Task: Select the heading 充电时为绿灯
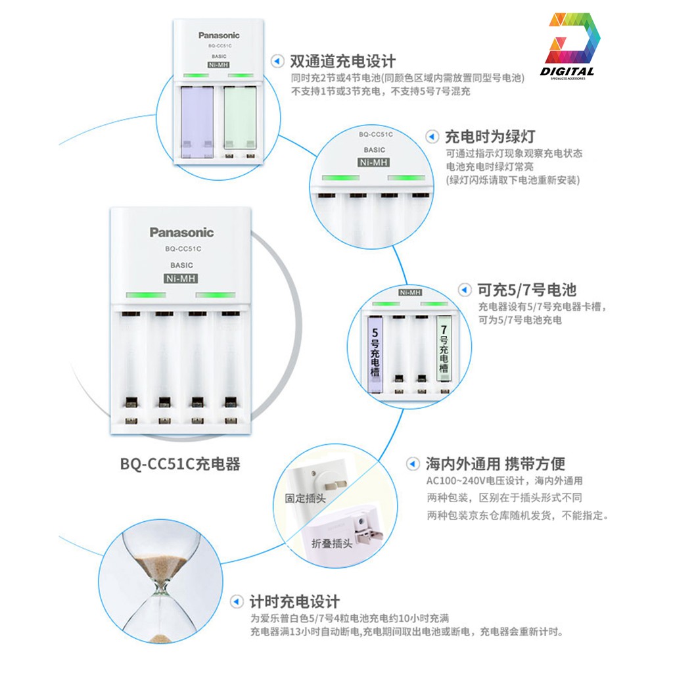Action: [x=490, y=137]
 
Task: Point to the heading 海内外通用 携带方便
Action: [x=496, y=463]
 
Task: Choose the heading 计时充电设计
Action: [x=294, y=601]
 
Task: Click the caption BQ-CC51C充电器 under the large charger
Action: [x=180, y=464]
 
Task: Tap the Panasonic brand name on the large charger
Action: [x=181, y=232]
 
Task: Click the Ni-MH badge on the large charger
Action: [x=181, y=279]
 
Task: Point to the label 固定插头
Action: [x=305, y=498]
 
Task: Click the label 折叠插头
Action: [x=332, y=543]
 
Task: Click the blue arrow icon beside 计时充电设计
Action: [x=238, y=601]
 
